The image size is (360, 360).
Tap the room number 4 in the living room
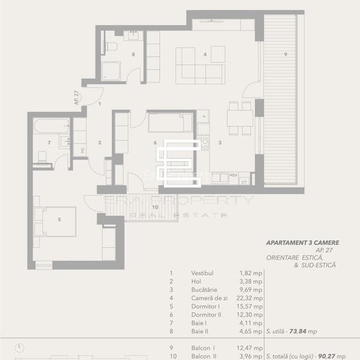[x=205, y=54]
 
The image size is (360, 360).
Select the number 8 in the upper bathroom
[x=133, y=54]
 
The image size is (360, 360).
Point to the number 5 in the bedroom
[x=59, y=219]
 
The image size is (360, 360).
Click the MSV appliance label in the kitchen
[x=234, y=174]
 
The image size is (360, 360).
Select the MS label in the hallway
[x=82, y=150]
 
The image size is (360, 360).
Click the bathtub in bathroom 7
[x=49, y=125]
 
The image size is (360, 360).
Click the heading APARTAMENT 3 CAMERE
[x=302, y=243]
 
